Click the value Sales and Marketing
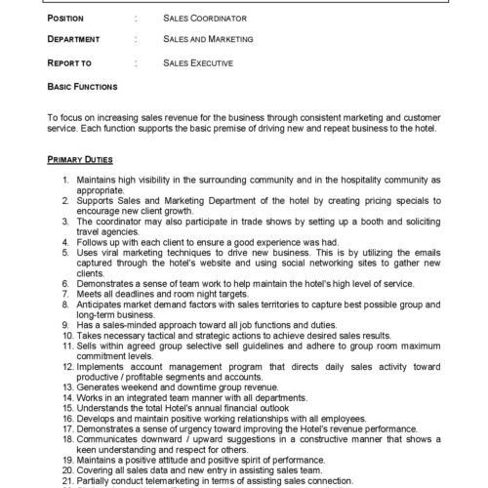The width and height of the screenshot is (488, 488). click(208, 40)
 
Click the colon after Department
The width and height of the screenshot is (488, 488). click(134, 40)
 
